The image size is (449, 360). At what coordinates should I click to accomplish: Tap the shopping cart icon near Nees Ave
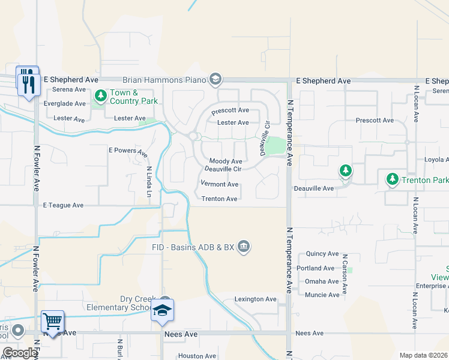click(53, 322)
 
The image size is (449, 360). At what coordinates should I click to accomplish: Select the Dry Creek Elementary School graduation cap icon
click(163, 310)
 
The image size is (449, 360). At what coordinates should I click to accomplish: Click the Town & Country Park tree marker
click(100, 95)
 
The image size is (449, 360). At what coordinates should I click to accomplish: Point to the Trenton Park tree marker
click(391, 179)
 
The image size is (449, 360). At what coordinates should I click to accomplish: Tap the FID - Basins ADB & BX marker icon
click(244, 247)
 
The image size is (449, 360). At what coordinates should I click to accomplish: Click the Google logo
click(20, 353)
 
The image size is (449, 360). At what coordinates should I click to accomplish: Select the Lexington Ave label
click(255, 299)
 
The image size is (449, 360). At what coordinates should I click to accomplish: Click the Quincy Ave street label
click(322, 254)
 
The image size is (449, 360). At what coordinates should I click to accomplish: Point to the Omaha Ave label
click(322, 281)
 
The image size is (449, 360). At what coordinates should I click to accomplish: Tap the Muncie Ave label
click(322, 295)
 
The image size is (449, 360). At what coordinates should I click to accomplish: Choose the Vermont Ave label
click(220, 184)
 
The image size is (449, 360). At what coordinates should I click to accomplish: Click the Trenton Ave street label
click(219, 199)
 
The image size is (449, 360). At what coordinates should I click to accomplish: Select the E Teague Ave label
click(63, 205)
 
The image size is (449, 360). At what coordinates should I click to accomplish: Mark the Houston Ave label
click(197, 356)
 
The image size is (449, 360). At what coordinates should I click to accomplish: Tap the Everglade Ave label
click(65, 103)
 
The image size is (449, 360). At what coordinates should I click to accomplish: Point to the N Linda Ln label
click(149, 181)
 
